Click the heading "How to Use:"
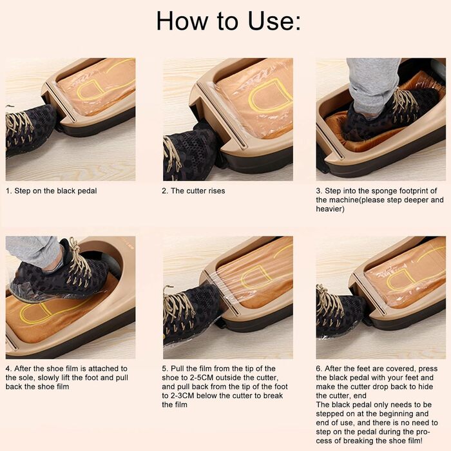pos(228,21)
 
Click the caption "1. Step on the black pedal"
pos(51,191)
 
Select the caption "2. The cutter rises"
pos(193,191)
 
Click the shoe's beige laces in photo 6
pos(329,305)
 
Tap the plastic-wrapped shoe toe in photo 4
pos(25,289)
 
